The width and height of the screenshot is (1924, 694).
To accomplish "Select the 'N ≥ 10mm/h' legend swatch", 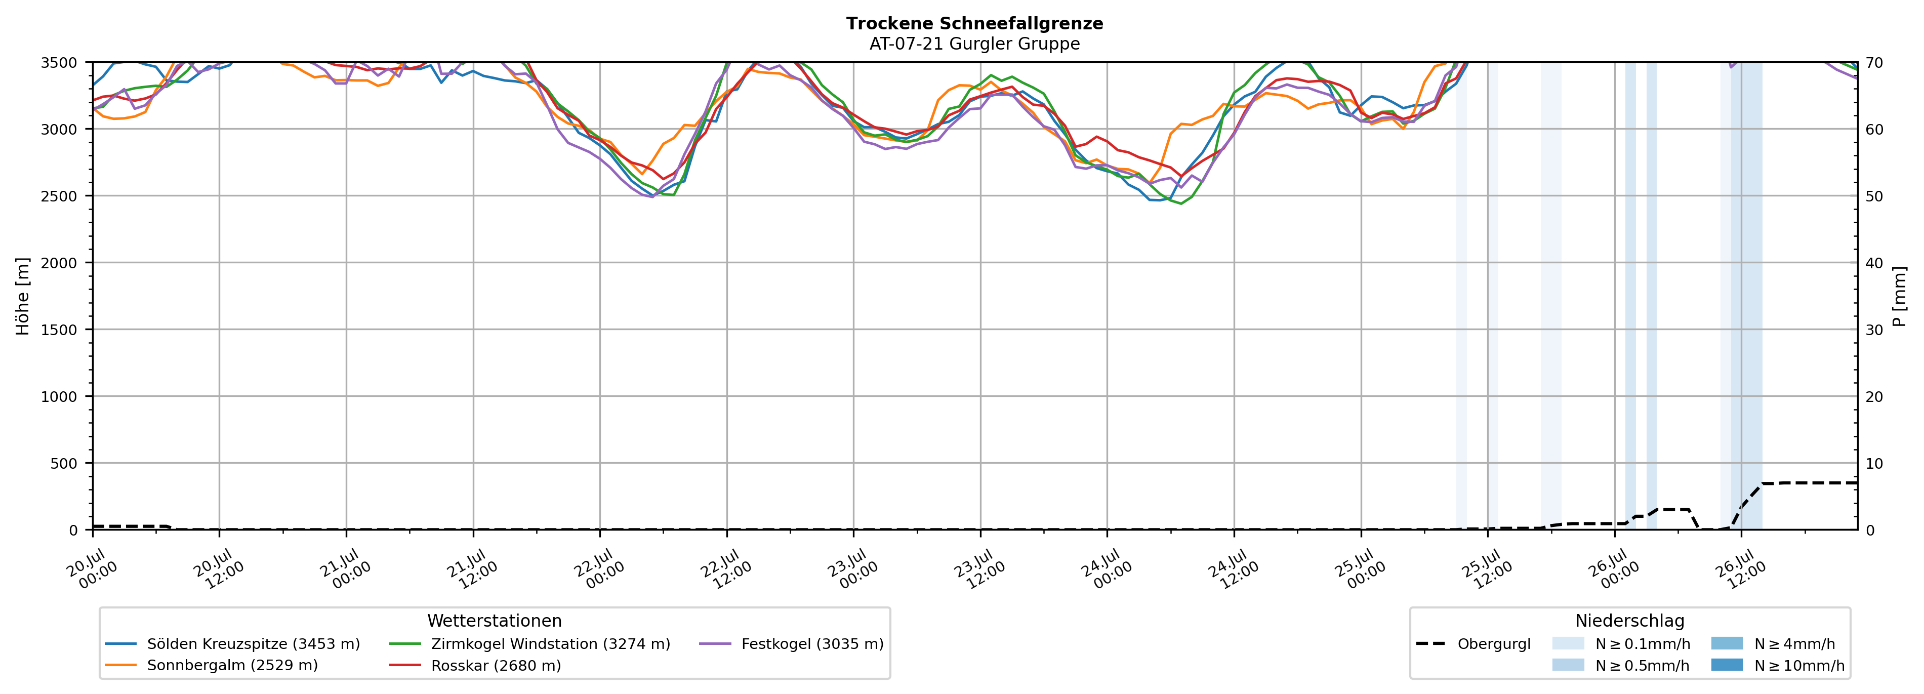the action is [1726, 665].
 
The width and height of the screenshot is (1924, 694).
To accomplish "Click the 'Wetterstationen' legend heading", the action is [495, 621].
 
